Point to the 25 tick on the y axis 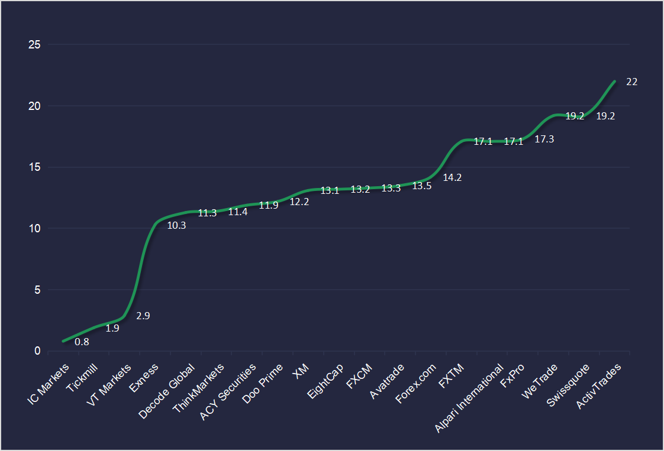point(34,45)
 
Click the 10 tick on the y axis point(34,229)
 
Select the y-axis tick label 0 point(37,351)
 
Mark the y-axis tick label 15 point(34,167)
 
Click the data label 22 point(631,82)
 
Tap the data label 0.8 point(82,341)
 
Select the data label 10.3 point(176,225)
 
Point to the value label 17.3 point(544,139)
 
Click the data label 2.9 point(143,316)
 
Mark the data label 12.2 point(299,202)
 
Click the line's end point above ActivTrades point(615,81)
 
